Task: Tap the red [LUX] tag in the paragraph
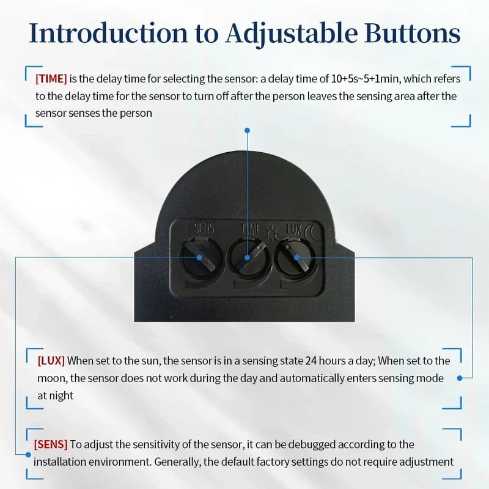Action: [x=51, y=361]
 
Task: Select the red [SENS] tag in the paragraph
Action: [x=51, y=444]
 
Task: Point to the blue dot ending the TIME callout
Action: [x=247, y=130]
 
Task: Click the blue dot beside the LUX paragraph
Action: [x=460, y=378]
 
